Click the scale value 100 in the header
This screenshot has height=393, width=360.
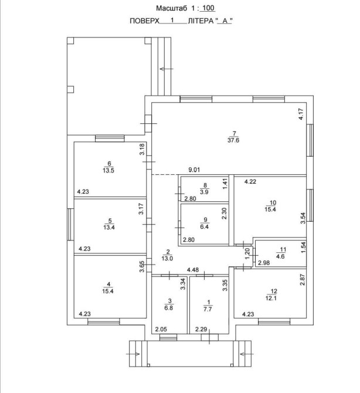pos(208,8)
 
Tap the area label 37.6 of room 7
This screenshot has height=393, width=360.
pos(233,140)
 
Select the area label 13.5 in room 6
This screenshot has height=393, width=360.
pos(108,171)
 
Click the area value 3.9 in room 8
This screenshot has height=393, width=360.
pos(205,192)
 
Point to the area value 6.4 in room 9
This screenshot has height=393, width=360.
pos(205,226)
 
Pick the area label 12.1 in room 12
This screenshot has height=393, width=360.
pos(271,298)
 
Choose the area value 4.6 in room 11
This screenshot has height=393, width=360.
pos(280,256)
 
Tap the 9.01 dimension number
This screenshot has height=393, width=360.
pos(194,170)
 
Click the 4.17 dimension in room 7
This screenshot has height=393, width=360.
pos(301,114)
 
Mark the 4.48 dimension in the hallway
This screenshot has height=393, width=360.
pos(193,270)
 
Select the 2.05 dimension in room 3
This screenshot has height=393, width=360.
pos(161,329)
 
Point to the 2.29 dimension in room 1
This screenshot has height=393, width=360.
pos(201,329)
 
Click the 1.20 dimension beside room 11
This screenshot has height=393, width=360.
pos(247,253)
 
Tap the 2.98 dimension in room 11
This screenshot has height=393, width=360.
pos(264,263)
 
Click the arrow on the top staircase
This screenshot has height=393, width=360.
pos(167,69)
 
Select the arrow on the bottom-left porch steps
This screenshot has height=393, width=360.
pos(133,354)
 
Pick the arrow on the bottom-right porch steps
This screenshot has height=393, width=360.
pos(247,354)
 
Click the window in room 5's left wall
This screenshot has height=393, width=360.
pos(70,224)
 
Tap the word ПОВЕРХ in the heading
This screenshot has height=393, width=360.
pos(145,21)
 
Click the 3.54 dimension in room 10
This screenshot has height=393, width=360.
pos(303,218)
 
